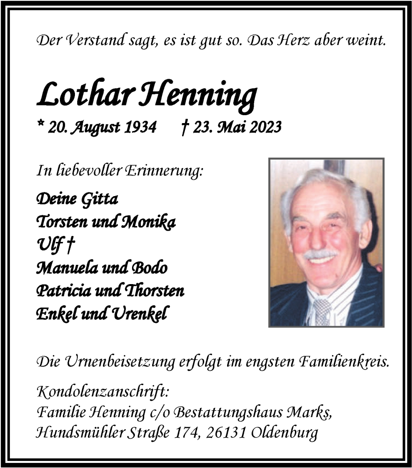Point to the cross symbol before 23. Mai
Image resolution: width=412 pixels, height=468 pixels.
184,126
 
